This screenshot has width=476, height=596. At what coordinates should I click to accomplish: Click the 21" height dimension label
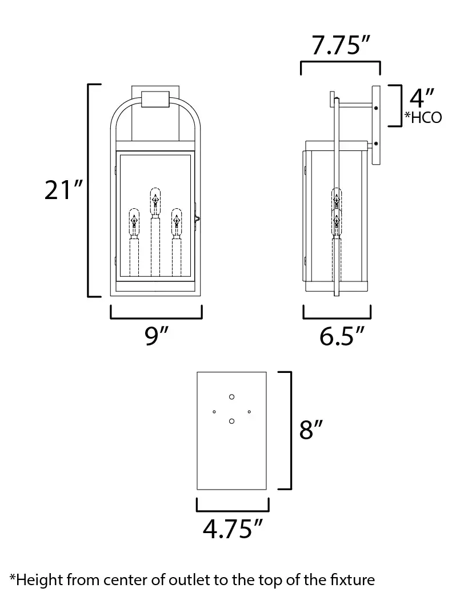[x=63, y=190]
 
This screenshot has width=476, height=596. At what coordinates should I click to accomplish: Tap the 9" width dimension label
[x=156, y=336]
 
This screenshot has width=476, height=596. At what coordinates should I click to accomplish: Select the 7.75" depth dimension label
[x=341, y=45]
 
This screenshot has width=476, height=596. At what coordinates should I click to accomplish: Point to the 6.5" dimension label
[x=342, y=336]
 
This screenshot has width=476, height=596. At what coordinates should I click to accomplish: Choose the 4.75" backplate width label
[x=233, y=529]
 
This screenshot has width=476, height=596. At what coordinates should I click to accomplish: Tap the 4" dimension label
[x=422, y=98]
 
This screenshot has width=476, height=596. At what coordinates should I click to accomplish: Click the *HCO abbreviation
[x=423, y=117]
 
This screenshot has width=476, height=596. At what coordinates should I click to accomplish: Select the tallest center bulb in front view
[x=155, y=201]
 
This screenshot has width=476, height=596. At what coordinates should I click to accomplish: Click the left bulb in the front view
[x=134, y=222]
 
